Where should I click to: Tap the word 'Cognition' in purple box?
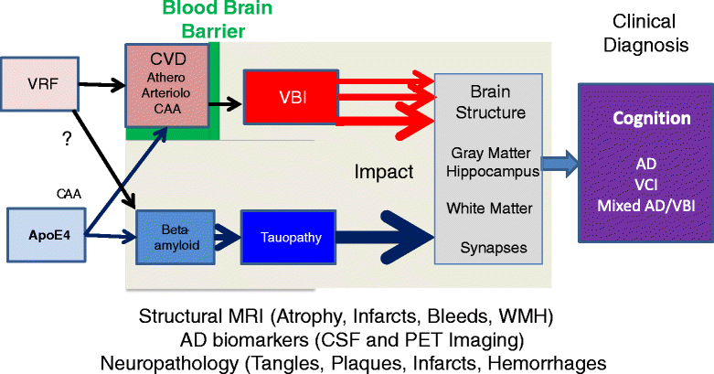[x=639, y=119]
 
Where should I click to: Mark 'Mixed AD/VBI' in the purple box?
[x=639, y=207]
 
